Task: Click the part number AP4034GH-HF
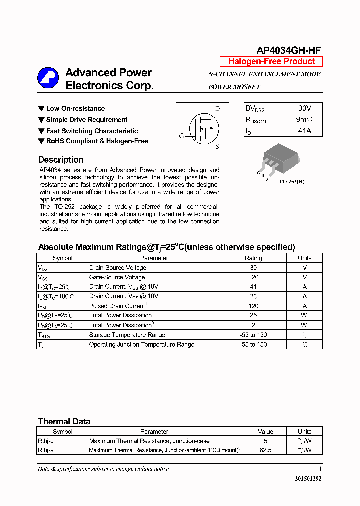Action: click(x=288, y=50)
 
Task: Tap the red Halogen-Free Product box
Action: click(x=271, y=61)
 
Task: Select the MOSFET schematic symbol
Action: click(x=202, y=128)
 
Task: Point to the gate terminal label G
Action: click(x=181, y=136)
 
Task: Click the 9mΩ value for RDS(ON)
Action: click(x=304, y=119)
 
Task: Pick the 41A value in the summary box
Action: click(x=304, y=130)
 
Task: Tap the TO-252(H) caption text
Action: click(x=292, y=181)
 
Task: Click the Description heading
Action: click(x=61, y=160)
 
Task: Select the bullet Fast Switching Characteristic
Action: click(x=92, y=131)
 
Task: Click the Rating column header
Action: click(x=253, y=258)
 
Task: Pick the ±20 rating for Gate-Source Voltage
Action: click(x=253, y=277)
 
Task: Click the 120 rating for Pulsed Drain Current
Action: click(x=253, y=306)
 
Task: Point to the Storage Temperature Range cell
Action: click(x=127, y=335)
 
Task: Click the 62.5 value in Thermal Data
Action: click(x=265, y=450)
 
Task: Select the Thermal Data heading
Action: click(x=64, y=421)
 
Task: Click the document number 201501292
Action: click(x=308, y=478)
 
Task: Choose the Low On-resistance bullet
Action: click(x=75, y=108)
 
